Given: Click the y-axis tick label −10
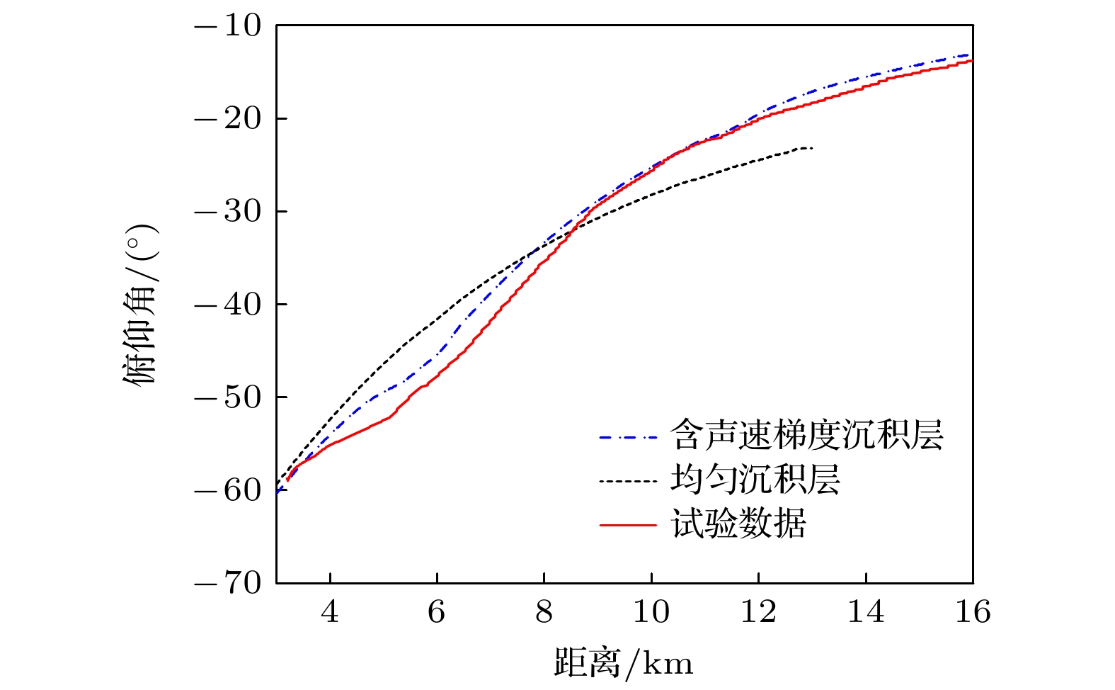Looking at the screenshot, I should (x=228, y=26).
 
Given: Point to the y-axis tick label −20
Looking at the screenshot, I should (x=228, y=119).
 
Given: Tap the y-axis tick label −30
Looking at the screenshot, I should (x=228, y=212).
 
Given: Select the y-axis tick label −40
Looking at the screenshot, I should (x=228, y=305).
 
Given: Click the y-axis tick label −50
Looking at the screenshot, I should (x=228, y=397).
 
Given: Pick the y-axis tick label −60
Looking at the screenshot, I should (x=228, y=490).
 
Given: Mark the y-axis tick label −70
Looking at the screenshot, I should (x=228, y=583).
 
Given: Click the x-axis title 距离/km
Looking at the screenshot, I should (x=623, y=663).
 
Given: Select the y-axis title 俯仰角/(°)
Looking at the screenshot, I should (x=141, y=305).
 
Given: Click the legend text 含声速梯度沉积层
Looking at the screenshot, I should (x=806, y=435).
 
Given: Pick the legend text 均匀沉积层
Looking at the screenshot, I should (x=755, y=480).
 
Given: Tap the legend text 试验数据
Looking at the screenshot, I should (x=738, y=525).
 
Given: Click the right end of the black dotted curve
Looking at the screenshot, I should (x=811, y=148).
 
